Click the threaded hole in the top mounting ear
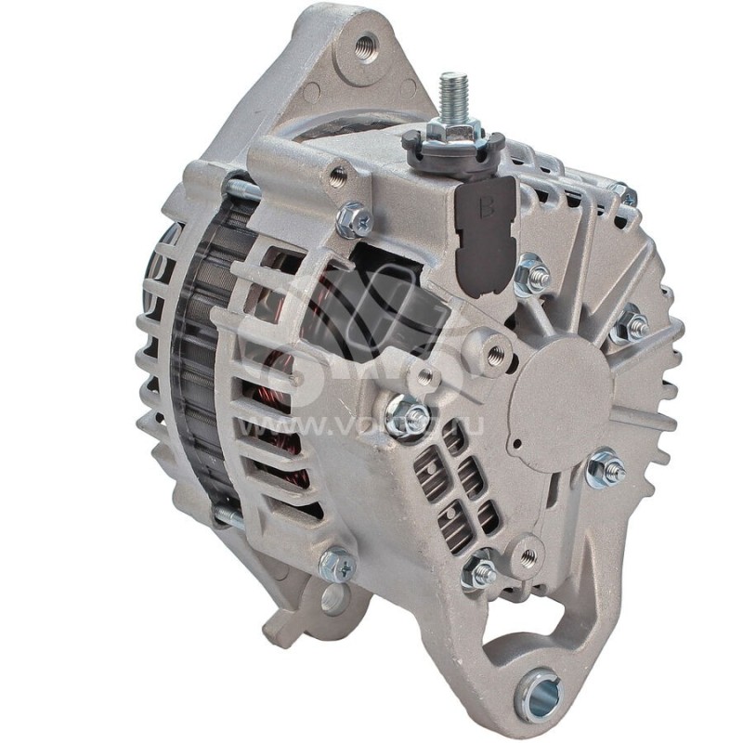[366, 44]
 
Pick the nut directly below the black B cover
[533, 274]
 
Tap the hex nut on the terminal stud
[455, 130]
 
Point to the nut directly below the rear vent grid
[481, 571]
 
